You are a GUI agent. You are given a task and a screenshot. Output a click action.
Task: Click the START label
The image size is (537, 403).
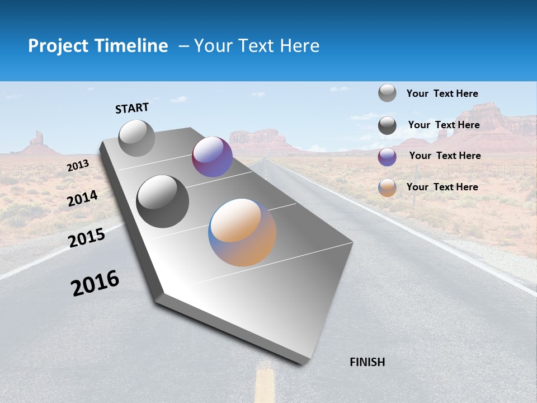(x=132, y=108)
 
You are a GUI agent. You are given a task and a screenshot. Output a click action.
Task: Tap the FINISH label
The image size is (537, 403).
(x=368, y=362)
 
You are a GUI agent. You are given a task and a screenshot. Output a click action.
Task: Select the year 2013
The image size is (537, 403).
(x=78, y=166)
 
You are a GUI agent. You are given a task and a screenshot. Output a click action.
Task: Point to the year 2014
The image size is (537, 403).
(x=82, y=199)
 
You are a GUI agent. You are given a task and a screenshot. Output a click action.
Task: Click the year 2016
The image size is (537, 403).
(x=95, y=283)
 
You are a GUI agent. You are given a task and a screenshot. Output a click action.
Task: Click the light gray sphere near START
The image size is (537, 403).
(x=137, y=138)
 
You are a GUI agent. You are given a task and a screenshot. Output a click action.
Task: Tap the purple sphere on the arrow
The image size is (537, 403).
(x=212, y=157)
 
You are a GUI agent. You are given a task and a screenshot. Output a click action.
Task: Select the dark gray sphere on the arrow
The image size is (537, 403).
(x=163, y=201)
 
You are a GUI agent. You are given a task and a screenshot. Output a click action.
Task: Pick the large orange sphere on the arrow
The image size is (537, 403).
(x=242, y=232)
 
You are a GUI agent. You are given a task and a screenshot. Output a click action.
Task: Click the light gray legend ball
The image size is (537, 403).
(x=387, y=93)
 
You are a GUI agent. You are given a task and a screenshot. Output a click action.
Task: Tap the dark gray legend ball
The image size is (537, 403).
(x=387, y=125)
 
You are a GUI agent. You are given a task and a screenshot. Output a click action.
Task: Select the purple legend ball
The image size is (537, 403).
(x=387, y=157)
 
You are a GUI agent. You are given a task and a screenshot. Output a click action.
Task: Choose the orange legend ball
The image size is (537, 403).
(x=387, y=188)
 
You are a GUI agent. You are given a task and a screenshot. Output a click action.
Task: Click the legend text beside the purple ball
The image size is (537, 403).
(x=445, y=156)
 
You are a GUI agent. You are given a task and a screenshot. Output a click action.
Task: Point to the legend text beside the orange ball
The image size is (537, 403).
(x=442, y=187)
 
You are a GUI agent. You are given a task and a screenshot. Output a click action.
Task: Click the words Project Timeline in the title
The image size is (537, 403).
(x=98, y=46)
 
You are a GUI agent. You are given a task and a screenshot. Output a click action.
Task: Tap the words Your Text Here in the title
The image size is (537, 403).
(x=257, y=46)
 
